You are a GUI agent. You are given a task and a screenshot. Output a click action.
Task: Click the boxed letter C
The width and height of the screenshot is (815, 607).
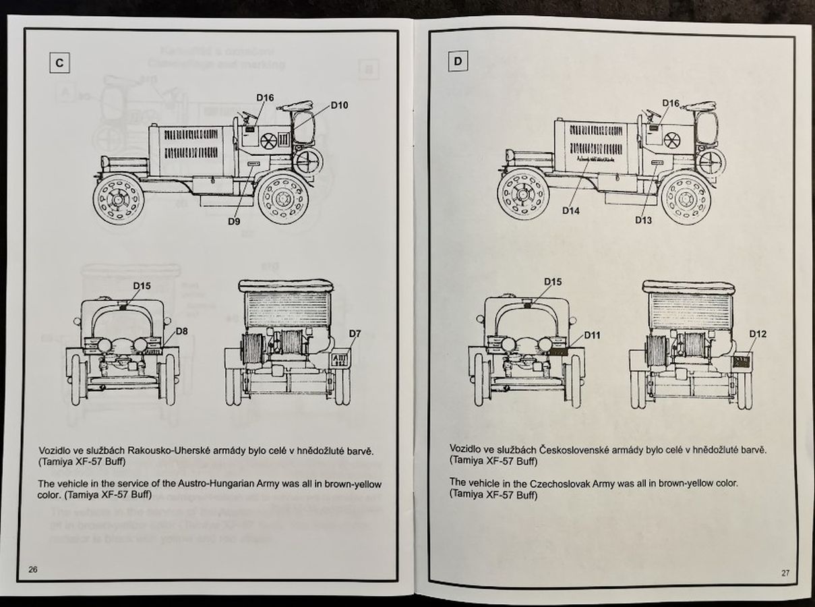[x=59, y=63]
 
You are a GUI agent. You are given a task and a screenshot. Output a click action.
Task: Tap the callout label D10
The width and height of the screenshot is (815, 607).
[x=339, y=105]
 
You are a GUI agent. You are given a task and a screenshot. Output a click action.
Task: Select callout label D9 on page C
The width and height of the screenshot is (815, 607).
[x=235, y=221]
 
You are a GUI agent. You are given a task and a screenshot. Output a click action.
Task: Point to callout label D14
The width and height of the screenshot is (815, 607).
[x=571, y=210]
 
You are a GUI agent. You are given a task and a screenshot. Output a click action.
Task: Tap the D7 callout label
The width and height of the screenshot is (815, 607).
[x=355, y=334]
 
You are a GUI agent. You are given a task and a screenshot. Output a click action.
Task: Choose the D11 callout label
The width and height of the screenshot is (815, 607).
[x=592, y=335]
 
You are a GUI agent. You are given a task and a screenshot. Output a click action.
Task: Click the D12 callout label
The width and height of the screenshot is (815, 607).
[x=757, y=334]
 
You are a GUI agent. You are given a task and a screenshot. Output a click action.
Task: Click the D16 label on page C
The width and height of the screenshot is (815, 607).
[x=265, y=98]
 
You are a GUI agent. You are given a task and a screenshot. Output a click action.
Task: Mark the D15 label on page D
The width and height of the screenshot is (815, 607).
[x=553, y=282]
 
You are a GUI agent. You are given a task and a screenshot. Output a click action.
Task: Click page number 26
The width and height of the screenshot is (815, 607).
[x=33, y=569]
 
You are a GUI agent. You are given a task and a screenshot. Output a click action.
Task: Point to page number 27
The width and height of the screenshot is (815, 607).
[x=785, y=573]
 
